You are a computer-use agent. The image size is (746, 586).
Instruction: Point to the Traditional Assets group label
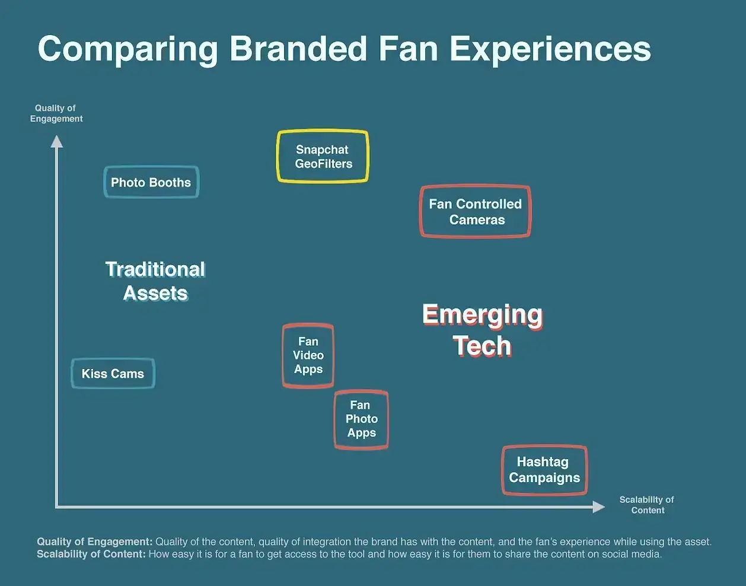[x=155, y=281]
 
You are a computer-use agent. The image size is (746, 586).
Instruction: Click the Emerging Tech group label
[x=482, y=330]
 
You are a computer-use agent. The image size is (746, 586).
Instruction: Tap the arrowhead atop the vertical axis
[x=57, y=141]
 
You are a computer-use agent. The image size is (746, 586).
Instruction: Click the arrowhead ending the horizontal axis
[x=599, y=507]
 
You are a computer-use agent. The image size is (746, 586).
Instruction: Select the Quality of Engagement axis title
[x=56, y=113]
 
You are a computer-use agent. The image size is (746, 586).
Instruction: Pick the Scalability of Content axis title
[x=647, y=505]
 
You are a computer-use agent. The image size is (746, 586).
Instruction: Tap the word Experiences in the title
[x=550, y=50]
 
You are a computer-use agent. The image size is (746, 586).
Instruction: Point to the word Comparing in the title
[x=127, y=50]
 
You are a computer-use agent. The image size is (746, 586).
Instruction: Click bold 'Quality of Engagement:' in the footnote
[x=95, y=542]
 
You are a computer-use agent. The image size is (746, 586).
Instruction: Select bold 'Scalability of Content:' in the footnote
[x=91, y=554]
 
